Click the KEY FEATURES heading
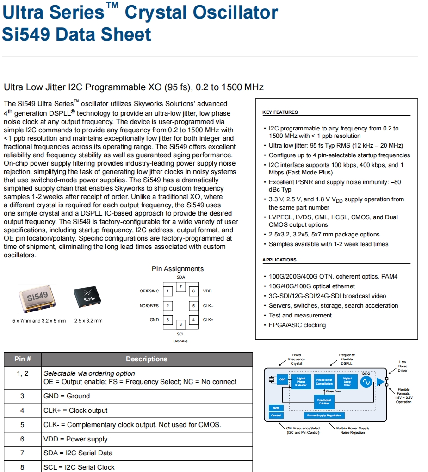coord(280,112)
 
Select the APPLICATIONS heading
coord(279,260)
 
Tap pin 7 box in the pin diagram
coord(180,287)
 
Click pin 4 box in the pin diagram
coord(193,320)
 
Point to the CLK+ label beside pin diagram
coord(208,320)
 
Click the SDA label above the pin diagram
coord(180,277)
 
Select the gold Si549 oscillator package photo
coord(38,298)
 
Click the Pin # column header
coord(23,359)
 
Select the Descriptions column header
coord(147,359)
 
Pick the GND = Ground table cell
coord(67,396)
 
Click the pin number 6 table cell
coord(22,439)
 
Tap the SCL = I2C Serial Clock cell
coord(79,467)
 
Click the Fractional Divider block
coord(324,401)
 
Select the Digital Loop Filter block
coord(347,381)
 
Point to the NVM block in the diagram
coord(276,408)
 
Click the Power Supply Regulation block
coord(324,416)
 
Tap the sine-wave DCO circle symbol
coord(366,382)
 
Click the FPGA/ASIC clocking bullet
coord(297,325)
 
